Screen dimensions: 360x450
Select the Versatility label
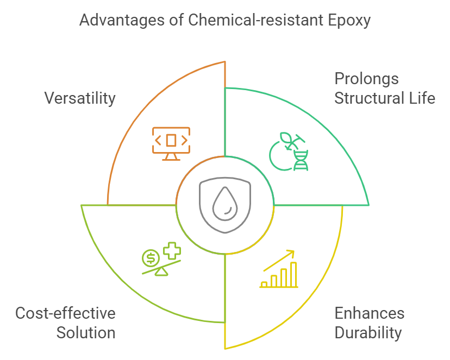[80, 98]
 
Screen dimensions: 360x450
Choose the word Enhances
[369, 313]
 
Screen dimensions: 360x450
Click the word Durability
[367, 333]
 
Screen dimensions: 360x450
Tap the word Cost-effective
[65, 313]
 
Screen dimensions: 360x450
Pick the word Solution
[86, 333]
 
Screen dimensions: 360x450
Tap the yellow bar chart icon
[279, 275]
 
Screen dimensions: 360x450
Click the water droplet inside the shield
[222, 205]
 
